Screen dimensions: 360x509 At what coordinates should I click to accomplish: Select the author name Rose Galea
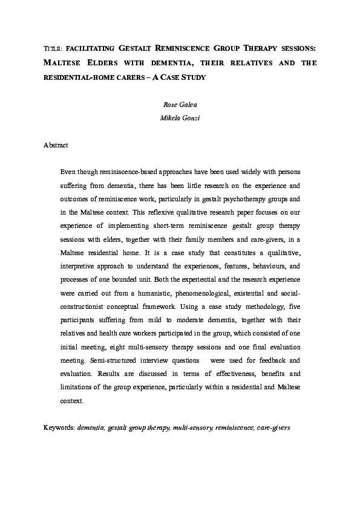click(180, 105)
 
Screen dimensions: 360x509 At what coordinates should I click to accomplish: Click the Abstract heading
click(56, 145)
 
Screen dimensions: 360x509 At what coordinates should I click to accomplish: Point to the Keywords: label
click(59, 427)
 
